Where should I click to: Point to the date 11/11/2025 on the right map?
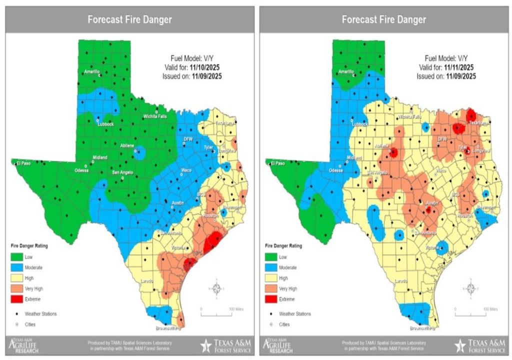pyautogui.click(x=460, y=67)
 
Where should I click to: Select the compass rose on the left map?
pyautogui.click(x=216, y=288)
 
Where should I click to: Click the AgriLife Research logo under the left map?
pyautogui.click(x=25, y=344)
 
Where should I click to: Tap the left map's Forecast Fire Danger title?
pyautogui.click(x=129, y=19)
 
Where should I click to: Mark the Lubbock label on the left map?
pyautogui.click(x=105, y=124)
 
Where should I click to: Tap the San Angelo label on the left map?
pyautogui.click(x=122, y=172)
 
